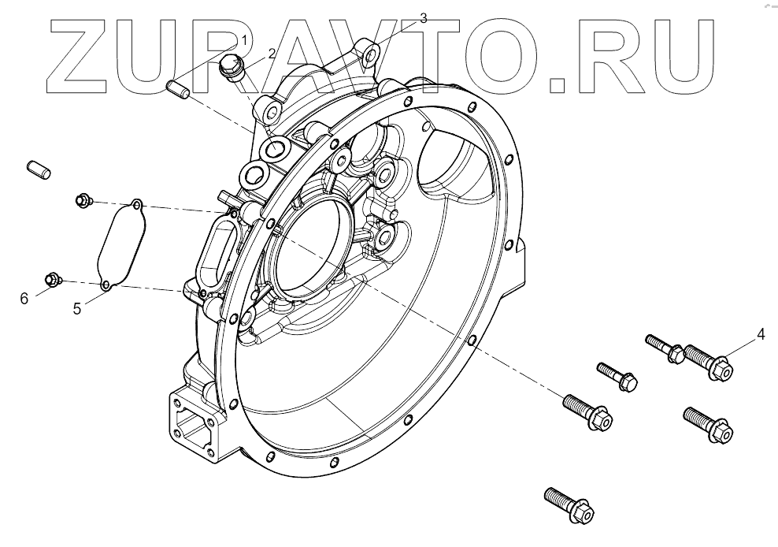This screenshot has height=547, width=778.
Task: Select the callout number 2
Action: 272,54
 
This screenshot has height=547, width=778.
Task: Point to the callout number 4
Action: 761,333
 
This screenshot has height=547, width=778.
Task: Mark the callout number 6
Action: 24,297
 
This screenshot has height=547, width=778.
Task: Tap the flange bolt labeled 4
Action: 707,362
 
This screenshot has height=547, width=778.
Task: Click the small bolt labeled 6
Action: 52,279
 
